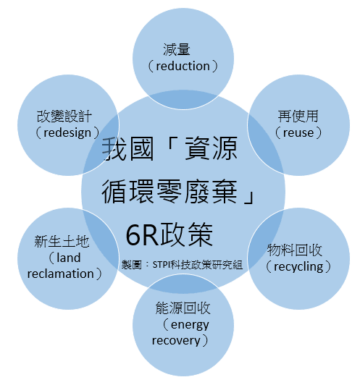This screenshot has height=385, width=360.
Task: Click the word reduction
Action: click(x=183, y=67)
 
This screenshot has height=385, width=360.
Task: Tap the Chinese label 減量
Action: click(x=177, y=49)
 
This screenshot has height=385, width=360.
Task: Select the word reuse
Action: click(x=298, y=133)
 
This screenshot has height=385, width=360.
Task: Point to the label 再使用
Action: click(x=298, y=116)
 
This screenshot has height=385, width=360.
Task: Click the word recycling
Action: click(x=298, y=267)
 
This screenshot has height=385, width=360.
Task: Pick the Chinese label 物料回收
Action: click(x=294, y=250)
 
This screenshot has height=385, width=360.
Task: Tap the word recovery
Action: click(x=176, y=341)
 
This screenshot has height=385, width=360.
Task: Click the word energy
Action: click(x=190, y=325)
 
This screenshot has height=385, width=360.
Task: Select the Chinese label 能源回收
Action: click(x=183, y=308)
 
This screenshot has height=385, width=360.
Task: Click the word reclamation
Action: click(x=60, y=274)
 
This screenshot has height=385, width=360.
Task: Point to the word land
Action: click(x=68, y=258)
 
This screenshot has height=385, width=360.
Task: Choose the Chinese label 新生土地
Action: click(x=62, y=242)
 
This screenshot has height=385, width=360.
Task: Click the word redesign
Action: click(x=67, y=133)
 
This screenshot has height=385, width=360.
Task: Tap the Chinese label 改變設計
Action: click(x=64, y=116)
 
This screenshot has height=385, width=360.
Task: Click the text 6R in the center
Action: click(x=142, y=235)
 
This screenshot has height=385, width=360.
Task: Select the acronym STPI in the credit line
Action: click(x=162, y=265)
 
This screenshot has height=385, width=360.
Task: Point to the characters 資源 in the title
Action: click(x=211, y=149)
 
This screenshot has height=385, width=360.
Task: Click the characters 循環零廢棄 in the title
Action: click(x=169, y=192)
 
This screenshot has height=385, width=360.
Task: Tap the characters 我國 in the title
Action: click(x=127, y=149)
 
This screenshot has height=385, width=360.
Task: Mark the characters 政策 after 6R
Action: click(x=187, y=234)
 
